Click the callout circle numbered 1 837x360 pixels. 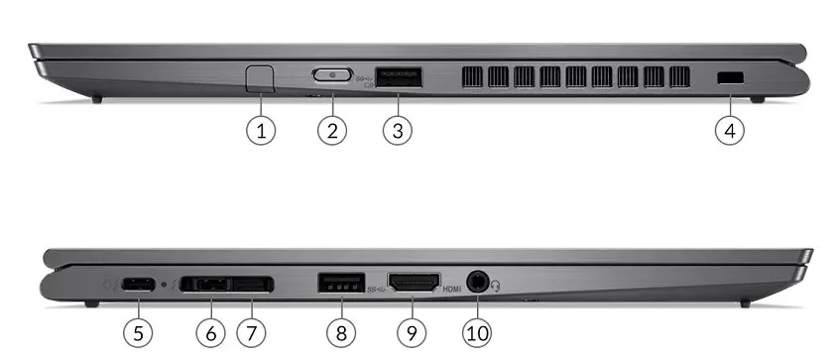click(x=261, y=130)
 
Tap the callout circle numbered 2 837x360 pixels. click(x=332, y=130)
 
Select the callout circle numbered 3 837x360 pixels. click(x=398, y=130)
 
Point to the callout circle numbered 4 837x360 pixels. click(x=730, y=130)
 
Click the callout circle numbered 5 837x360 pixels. click(x=138, y=333)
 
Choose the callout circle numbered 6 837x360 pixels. click(x=211, y=333)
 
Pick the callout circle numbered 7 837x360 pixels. click(x=251, y=333)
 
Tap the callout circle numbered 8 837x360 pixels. click(x=341, y=333)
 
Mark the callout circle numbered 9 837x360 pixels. click(x=412, y=333)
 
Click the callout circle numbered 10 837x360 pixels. click(x=477, y=333)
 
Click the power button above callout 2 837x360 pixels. click(x=332, y=74)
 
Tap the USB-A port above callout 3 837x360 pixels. click(x=399, y=77)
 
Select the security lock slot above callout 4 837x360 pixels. click(x=730, y=77)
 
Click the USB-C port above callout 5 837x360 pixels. click(x=138, y=285)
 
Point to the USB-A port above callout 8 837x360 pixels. click(x=341, y=283)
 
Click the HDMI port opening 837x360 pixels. click(x=414, y=283)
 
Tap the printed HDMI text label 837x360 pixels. click(x=451, y=289)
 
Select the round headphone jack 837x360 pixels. click(x=477, y=282)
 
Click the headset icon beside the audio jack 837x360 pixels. click(x=496, y=287)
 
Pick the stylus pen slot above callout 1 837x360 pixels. click(x=261, y=78)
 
